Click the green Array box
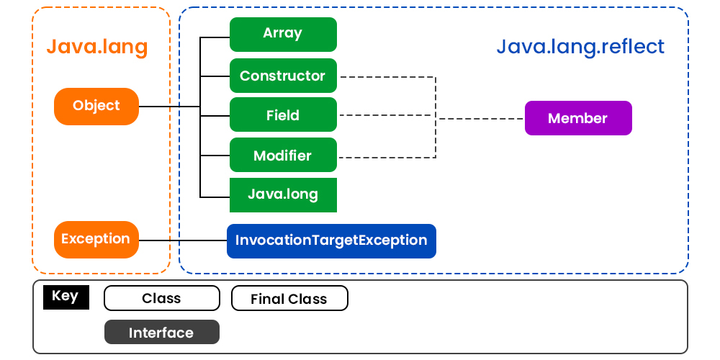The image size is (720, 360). (x=283, y=34)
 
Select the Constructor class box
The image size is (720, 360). (x=283, y=76)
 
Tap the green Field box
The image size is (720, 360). (x=283, y=115)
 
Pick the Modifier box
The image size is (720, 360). (x=283, y=156)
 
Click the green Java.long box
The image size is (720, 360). (x=283, y=194)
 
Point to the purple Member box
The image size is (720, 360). (x=577, y=119)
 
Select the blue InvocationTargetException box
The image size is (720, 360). (x=331, y=240)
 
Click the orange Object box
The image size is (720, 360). (x=96, y=106)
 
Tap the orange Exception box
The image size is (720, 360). (x=96, y=239)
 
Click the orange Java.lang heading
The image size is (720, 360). (x=97, y=48)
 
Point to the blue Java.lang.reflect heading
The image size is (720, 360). (x=580, y=48)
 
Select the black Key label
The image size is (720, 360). (x=66, y=297)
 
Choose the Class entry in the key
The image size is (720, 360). (x=161, y=298)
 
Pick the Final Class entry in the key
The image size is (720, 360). (x=289, y=299)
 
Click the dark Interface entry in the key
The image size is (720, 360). (x=161, y=333)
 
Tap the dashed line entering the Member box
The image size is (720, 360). (x=482, y=119)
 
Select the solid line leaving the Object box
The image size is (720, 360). (x=169, y=107)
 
